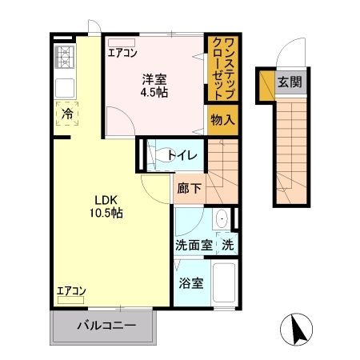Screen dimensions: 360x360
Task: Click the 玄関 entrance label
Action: pos(289,81)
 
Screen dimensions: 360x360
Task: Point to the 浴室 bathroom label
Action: pos(190,282)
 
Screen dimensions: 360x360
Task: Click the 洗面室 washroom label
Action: pos(194,245)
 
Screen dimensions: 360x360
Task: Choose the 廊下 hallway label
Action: pos(190,190)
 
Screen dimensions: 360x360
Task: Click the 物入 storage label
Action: pos(222,119)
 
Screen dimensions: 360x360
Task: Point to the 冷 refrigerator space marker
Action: pos(67,114)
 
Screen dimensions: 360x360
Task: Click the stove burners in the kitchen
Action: pos(64,58)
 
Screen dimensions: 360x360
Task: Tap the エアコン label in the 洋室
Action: pos(123,53)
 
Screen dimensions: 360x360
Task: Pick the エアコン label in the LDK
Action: pos(72,290)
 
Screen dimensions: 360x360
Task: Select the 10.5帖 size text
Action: pos(106,214)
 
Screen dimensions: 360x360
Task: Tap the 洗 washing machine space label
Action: pos(228,245)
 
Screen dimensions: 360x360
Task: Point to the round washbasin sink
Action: pos(223,218)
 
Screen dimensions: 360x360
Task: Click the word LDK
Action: pos(106,199)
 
